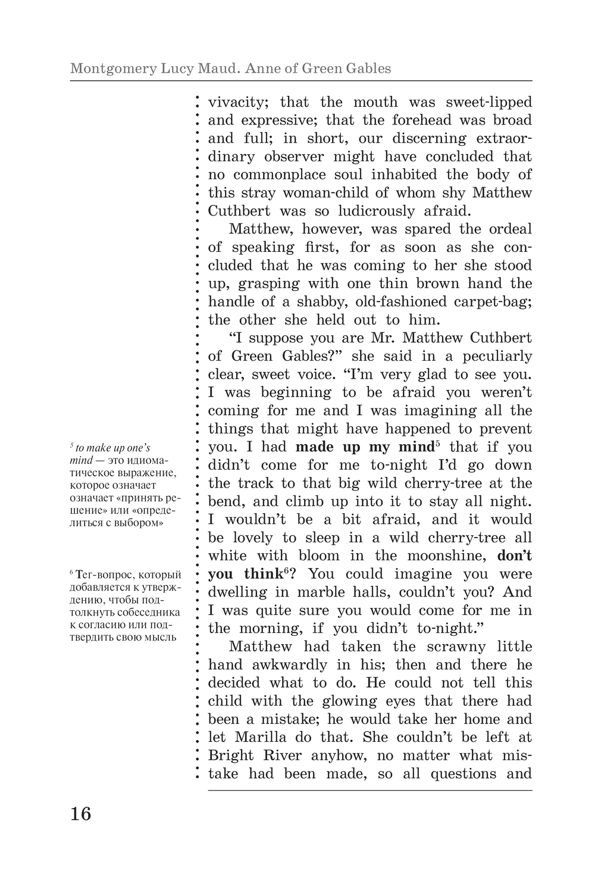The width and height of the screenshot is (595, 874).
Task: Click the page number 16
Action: (x=81, y=813)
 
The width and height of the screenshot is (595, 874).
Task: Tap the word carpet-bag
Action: (x=496, y=302)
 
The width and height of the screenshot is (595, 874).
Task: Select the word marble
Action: (x=342, y=592)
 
